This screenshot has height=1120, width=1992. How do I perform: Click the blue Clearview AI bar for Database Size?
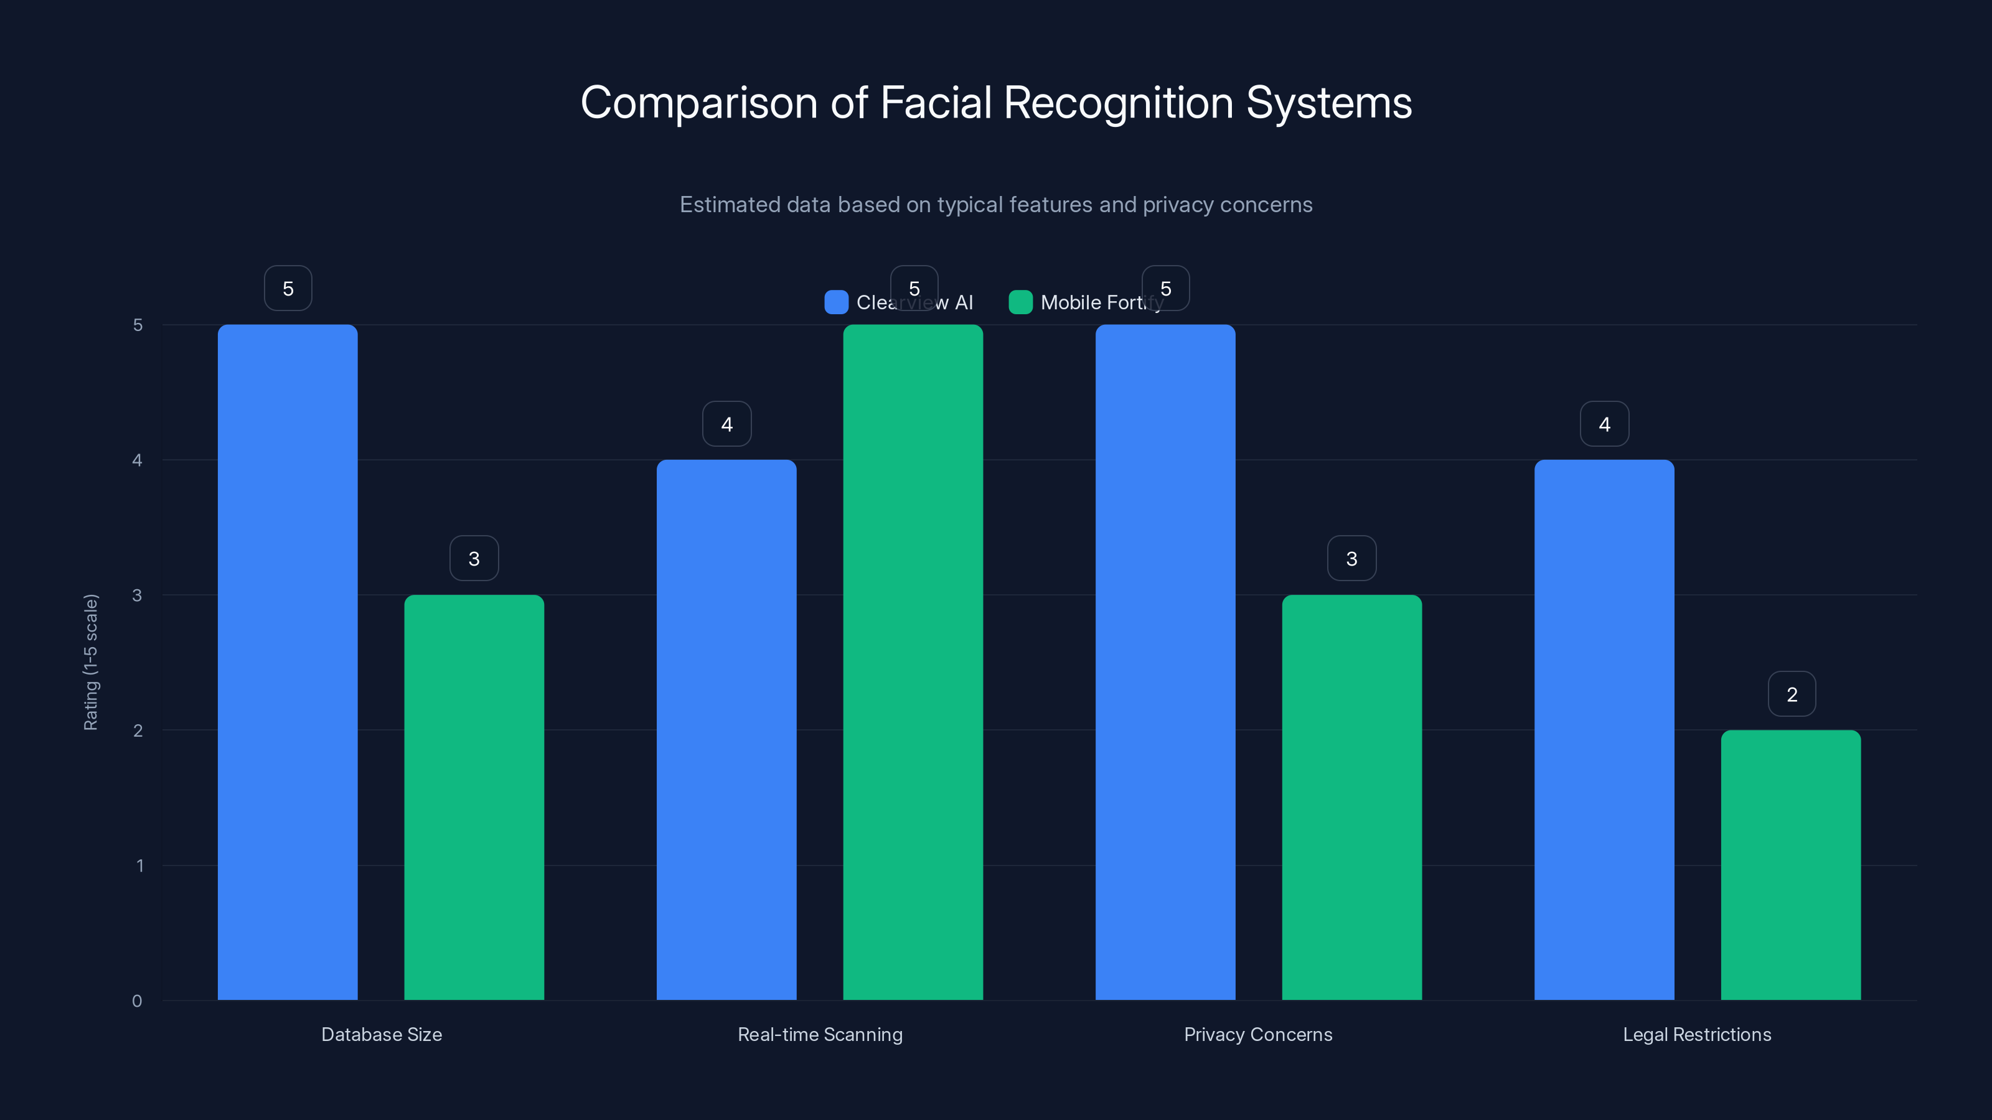288,663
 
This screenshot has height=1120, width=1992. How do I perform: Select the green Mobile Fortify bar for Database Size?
474,797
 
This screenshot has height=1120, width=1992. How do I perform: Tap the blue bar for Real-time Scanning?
726,730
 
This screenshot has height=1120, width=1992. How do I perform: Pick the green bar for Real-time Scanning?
913,663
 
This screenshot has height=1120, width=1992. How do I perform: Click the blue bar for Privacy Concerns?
1165,663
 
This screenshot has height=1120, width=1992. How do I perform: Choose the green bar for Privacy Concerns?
1351,797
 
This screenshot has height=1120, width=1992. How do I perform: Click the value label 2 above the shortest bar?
1792,694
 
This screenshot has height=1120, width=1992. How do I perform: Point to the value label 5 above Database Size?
288,288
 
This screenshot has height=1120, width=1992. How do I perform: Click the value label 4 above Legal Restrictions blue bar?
1605,424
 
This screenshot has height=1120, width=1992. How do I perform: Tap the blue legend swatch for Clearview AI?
836,302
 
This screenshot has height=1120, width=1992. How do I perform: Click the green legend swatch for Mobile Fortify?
1021,302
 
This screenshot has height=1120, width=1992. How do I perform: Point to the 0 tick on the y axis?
137,1001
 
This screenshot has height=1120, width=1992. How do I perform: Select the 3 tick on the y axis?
137,595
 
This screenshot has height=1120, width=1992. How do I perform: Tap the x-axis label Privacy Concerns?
1258,1034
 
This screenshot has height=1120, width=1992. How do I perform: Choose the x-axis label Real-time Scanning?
820,1034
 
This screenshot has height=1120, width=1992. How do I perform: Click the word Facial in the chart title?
936,103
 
